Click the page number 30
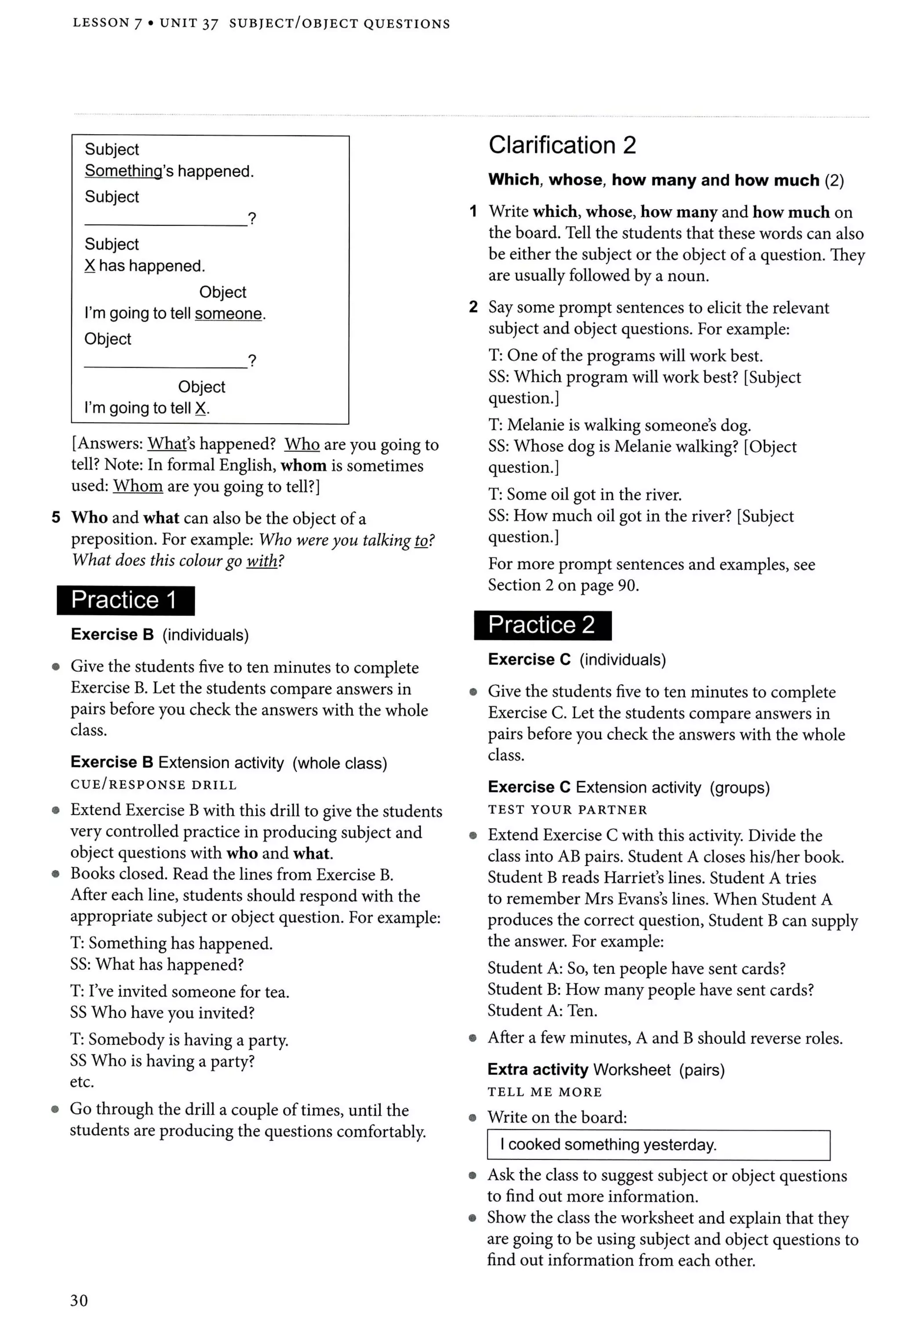tap(79, 1300)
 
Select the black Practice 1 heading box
tap(126, 600)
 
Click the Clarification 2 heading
tap(562, 145)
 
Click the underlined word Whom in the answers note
tap(138, 486)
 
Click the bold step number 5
tap(56, 517)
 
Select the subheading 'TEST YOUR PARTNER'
tap(567, 810)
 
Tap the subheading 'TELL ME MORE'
tap(544, 1092)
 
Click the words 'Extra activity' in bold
tap(538, 1070)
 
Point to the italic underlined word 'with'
tap(261, 561)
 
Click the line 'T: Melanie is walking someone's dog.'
tap(620, 425)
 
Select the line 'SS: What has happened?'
tap(157, 964)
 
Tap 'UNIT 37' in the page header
tap(189, 23)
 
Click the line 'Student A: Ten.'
tap(542, 1011)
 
